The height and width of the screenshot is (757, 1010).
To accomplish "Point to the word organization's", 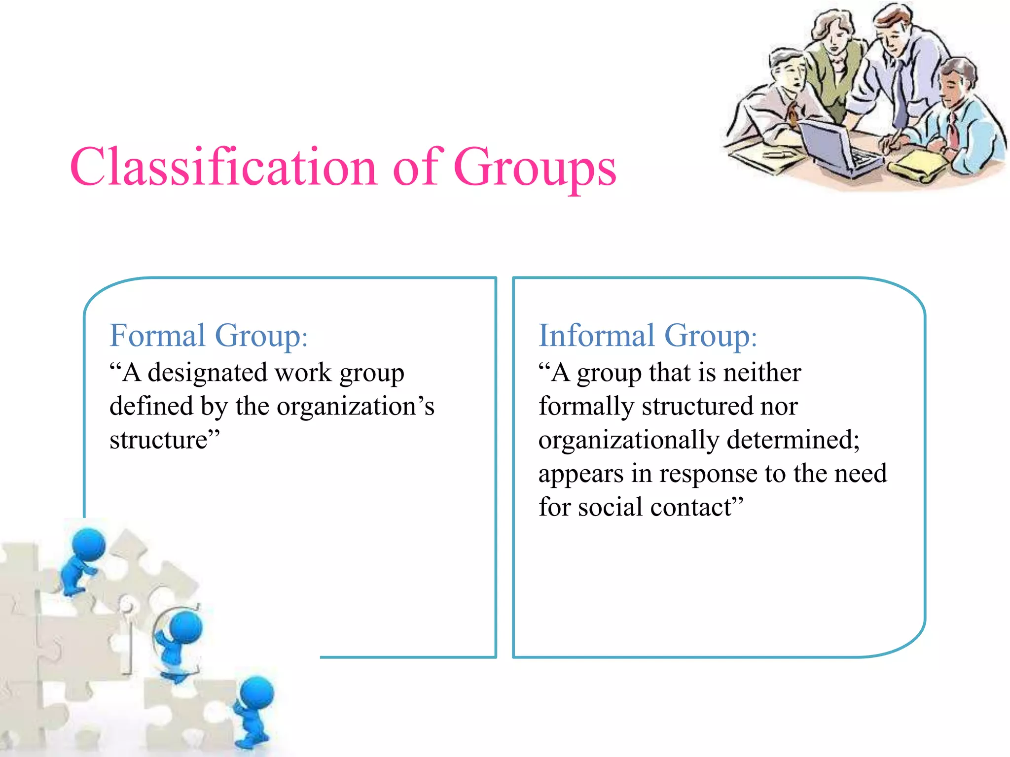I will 355,407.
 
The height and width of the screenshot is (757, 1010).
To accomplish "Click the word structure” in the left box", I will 164,440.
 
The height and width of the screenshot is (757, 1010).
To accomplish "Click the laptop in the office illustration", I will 833,148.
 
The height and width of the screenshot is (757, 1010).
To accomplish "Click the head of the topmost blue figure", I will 89,545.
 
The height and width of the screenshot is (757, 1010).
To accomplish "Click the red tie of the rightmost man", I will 953,131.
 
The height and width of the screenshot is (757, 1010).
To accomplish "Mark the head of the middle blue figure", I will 185,626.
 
